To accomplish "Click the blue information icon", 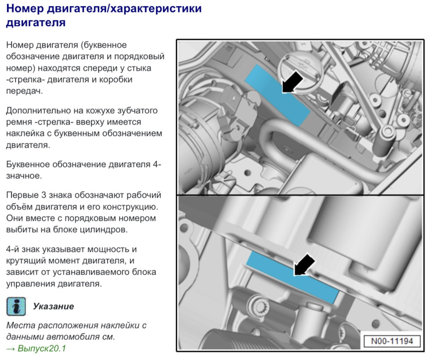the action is click(x=16, y=306).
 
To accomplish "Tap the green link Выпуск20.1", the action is click(x=42, y=348).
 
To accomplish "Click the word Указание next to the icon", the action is click(x=53, y=306).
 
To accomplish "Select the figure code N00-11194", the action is click(x=392, y=341).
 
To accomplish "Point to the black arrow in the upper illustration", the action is click(x=293, y=81).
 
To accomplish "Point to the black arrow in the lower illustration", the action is click(x=304, y=264).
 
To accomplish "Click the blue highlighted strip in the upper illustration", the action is click(x=277, y=95).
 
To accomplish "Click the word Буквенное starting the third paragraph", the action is click(x=27, y=164).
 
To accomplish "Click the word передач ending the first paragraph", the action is click(x=24, y=91).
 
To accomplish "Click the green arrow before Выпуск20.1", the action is click(x=11, y=348).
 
